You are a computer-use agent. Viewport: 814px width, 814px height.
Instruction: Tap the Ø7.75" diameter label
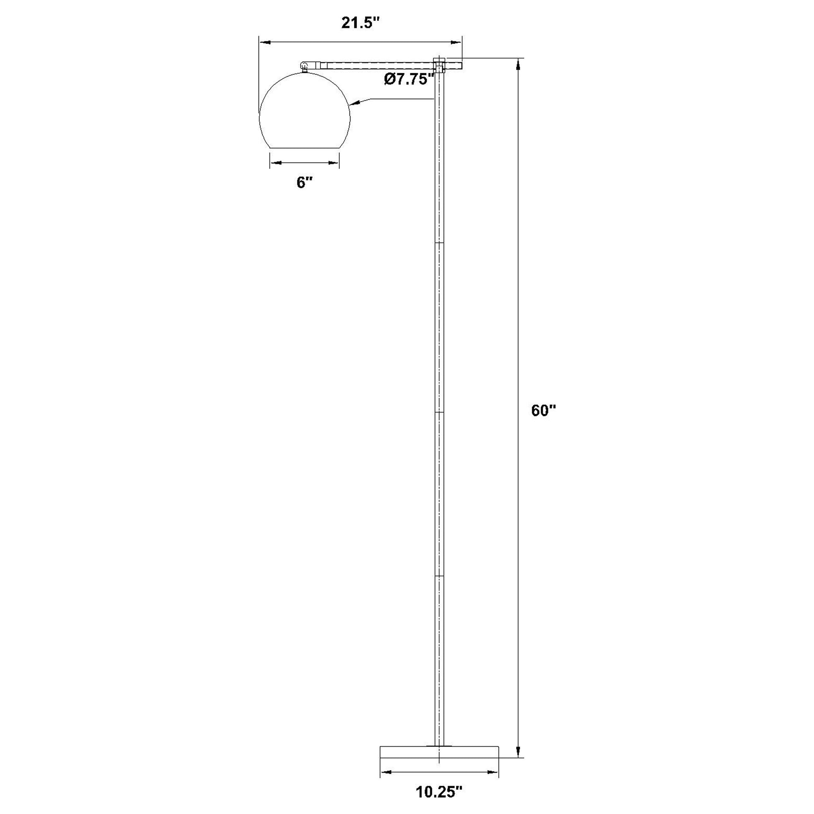click(409, 79)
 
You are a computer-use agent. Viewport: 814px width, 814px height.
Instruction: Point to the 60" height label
click(544, 411)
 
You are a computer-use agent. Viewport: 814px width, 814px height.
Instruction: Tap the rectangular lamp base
click(440, 758)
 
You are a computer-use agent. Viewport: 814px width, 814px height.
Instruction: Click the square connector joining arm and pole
click(439, 66)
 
